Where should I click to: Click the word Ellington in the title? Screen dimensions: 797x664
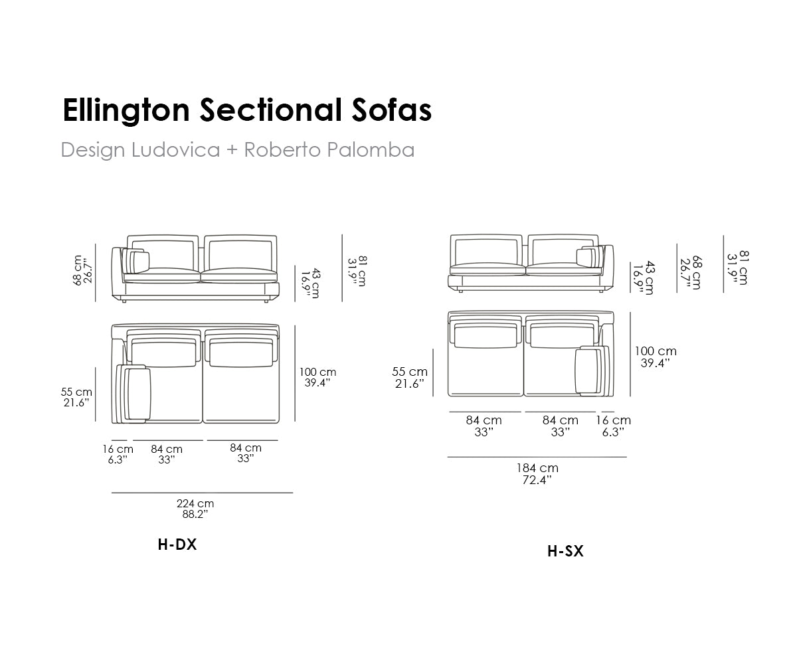click(126, 111)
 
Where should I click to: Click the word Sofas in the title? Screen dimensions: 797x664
click(392, 110)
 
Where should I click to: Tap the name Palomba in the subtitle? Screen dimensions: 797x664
click(371, 149)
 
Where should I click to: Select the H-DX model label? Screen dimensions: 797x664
click(177, 544)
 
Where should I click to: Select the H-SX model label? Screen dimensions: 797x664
click(565, 551)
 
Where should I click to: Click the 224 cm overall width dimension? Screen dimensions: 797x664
click(195, 509)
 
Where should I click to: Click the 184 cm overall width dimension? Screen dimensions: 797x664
click(537, 473)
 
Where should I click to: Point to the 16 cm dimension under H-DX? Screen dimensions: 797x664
click(118, 454)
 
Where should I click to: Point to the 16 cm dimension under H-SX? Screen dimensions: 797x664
click(613, 426)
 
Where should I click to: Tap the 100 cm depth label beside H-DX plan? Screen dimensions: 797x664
click(317, 377)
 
